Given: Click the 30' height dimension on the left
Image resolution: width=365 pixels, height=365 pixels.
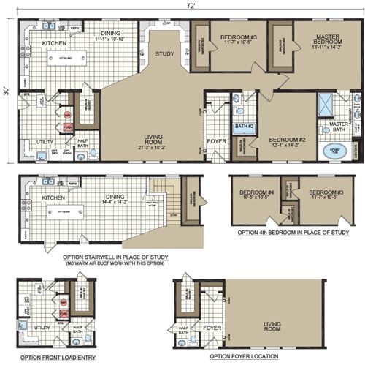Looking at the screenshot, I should click(6, 91).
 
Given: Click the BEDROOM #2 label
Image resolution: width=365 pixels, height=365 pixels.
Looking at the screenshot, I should click(286, 139).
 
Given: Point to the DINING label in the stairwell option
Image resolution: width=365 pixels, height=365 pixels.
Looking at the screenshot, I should click(116, 195).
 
